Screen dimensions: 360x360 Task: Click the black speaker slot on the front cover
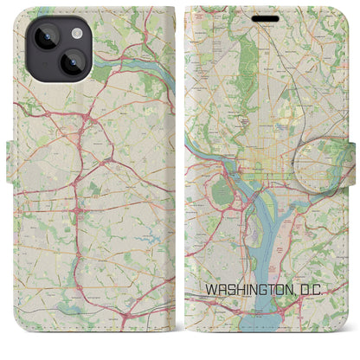pos(268,13)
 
